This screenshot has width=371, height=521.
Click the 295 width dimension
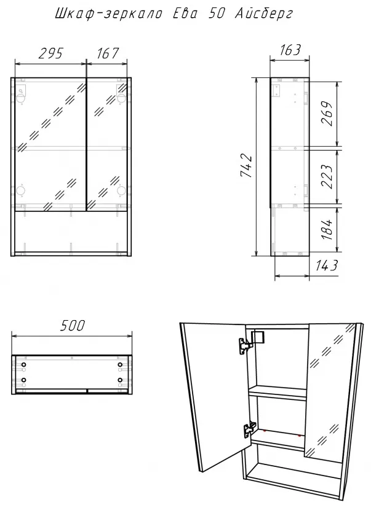pos(50,53)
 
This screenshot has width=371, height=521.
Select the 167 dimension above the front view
pos(108,53)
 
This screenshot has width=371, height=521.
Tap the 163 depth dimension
pos(290,50)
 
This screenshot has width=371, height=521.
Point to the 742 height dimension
pos(247,165)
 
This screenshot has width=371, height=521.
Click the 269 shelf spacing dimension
pos(327,114)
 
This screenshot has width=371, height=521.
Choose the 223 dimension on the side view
pos(327,176)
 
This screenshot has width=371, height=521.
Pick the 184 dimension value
pos(327,229)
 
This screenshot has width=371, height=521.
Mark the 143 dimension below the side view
pos(327,265)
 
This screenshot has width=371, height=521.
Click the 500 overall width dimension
pos(73,325)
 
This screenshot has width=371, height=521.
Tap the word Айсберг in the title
pos(264,14)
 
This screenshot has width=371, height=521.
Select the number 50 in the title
pos(217,14)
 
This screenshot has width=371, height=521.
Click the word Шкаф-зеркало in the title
pos(108,14)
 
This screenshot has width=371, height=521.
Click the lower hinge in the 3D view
pos(250,429)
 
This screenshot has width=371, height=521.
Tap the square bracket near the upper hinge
pos(258,337)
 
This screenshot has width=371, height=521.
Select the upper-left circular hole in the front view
pos(21,98)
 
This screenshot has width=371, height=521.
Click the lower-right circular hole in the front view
pos(121,190)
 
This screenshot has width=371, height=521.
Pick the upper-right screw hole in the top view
pos(120,365)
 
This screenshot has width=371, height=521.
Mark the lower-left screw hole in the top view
pos(24,380)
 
